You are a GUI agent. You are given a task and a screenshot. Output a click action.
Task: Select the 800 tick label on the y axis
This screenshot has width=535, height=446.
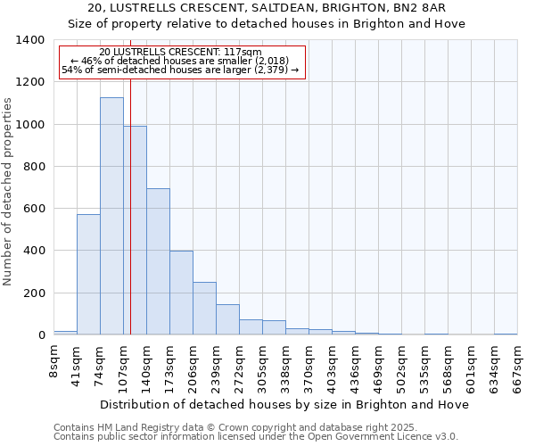pyautogui.click(x=34, y=167)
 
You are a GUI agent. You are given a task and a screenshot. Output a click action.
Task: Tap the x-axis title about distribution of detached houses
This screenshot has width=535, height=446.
pyautogui.click(x=285, y=404)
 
